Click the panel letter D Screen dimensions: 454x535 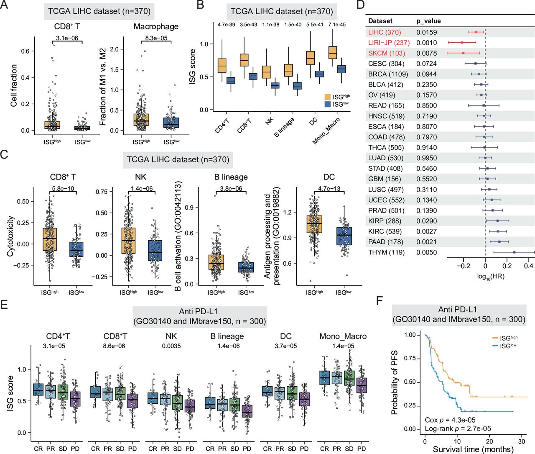[x=360, y=5]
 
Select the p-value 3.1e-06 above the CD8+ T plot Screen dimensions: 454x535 [x=67, y=38]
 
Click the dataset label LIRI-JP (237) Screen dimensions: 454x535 [x=389, y=43]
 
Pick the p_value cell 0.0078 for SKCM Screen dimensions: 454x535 [x=426, y=53]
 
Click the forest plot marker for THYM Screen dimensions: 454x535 [x=514, y=252]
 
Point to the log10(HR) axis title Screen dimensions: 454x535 [x=490, y=277]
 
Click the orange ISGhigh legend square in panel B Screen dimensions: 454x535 [x=328, y=97]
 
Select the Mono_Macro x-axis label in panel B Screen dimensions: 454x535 [x=326, y=131]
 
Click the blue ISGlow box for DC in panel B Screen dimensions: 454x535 [x=319, y=74]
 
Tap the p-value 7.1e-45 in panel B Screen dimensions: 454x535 [x=337, y=25]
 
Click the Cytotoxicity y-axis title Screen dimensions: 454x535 [x=10, y=236]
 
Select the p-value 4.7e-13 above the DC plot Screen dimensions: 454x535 [x=329, y=189]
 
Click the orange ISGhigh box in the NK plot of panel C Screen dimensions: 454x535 [x=128, y=241]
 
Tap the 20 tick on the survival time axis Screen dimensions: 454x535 [x=489, y=441]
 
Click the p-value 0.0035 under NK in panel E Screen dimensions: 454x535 [x=171, y=346]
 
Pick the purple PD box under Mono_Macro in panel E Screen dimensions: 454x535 [x=362, y=385]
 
